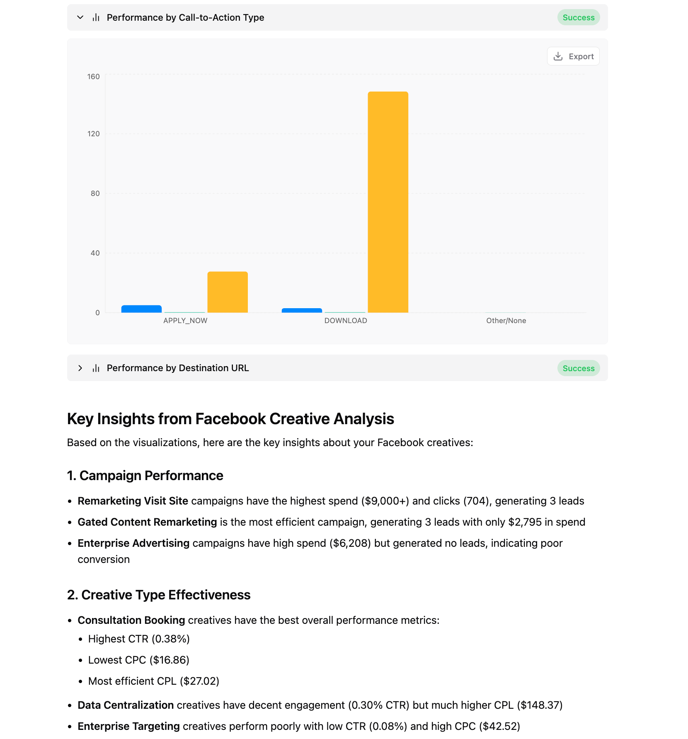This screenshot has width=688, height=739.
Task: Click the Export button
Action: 573,56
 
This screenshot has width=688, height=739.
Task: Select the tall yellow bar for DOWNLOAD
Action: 388,202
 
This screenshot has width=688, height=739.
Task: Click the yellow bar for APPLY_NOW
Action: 228,292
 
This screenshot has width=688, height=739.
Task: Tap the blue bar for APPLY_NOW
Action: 141,309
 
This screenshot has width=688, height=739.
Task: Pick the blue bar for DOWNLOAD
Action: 302,310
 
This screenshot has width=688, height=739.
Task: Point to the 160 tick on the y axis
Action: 94,77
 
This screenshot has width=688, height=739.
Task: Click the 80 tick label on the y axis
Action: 95,193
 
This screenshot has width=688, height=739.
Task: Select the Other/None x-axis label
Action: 506,321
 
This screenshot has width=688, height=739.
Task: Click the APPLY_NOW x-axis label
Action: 185,321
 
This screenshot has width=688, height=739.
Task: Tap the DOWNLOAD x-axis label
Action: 346,321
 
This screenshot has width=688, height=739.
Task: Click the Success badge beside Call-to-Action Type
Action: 578,17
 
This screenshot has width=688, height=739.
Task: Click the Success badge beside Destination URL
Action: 578,368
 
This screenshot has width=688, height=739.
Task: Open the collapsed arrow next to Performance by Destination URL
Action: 80,368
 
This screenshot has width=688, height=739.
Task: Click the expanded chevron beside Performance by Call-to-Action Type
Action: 80,17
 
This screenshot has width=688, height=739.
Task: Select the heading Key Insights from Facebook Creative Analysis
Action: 230,419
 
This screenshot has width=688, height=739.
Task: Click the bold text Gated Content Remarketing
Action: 147,522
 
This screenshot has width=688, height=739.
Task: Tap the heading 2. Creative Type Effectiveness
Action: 159,595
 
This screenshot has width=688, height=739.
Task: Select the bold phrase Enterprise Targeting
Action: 128,726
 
